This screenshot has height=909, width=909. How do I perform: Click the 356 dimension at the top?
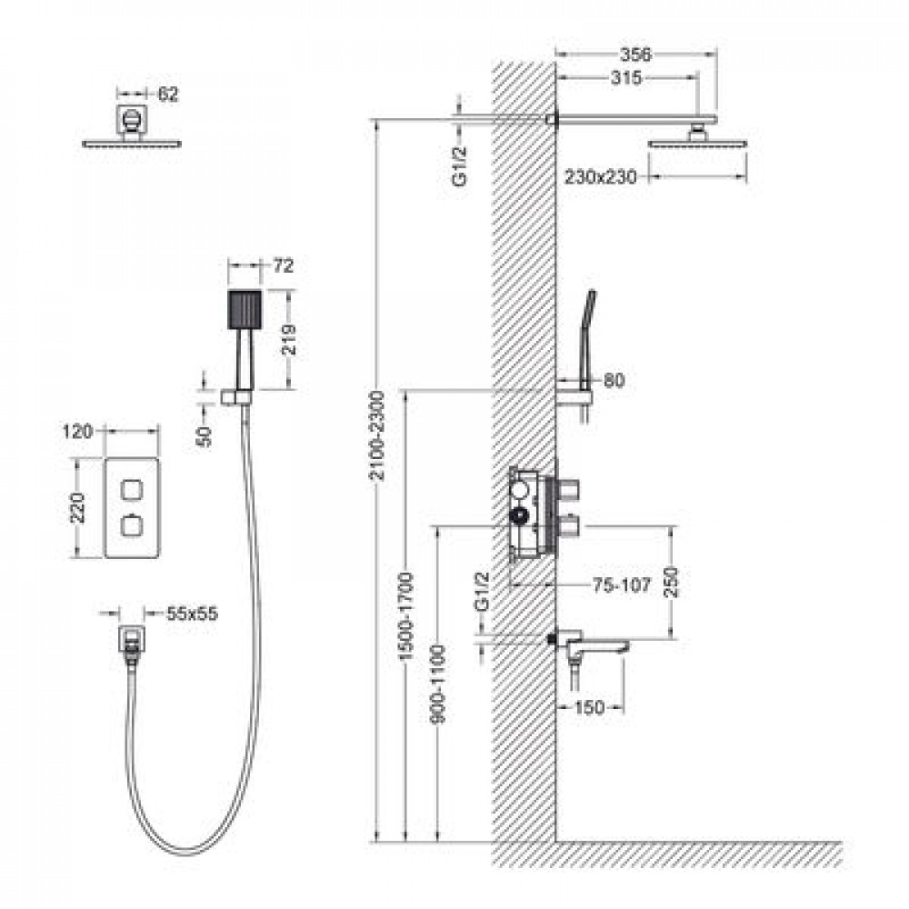pyautogui.click(x=636, y=55)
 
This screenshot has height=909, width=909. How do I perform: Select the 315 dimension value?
pyautogui.click(x=626, y=77)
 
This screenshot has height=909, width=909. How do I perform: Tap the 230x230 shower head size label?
pyautogui.click(x=600, y=176)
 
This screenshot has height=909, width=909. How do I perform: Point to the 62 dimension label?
pyautogui.click(x=167, y=94)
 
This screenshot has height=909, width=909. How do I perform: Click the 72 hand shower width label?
pyautogui.click(x=284, y=266)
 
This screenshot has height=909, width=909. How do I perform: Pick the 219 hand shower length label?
pyautogui.click(x=288, y=340)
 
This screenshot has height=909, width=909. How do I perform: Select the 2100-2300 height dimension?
pyautogui.click(x=377, y=435)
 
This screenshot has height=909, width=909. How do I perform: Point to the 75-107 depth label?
pyautogui.click(x=622, y=585)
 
